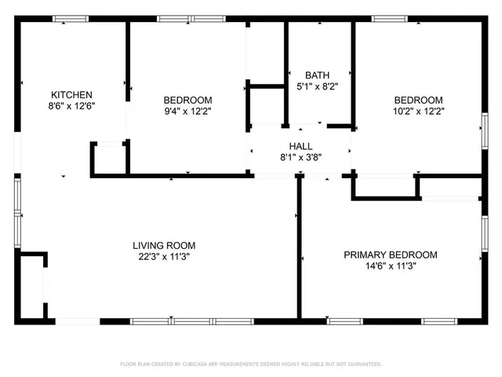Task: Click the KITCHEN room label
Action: tap(71, 94)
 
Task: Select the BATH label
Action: tap(307, 75)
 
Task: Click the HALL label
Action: tap(300, 146)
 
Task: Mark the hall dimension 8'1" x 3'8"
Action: tap(300, 157)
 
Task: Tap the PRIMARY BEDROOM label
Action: tap(391, 254)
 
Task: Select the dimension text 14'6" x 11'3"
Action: tap(391, 265)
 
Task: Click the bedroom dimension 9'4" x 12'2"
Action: tap(187, 111)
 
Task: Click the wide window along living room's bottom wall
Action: tap(191, 320)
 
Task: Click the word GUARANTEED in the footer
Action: tap(363, 364)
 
